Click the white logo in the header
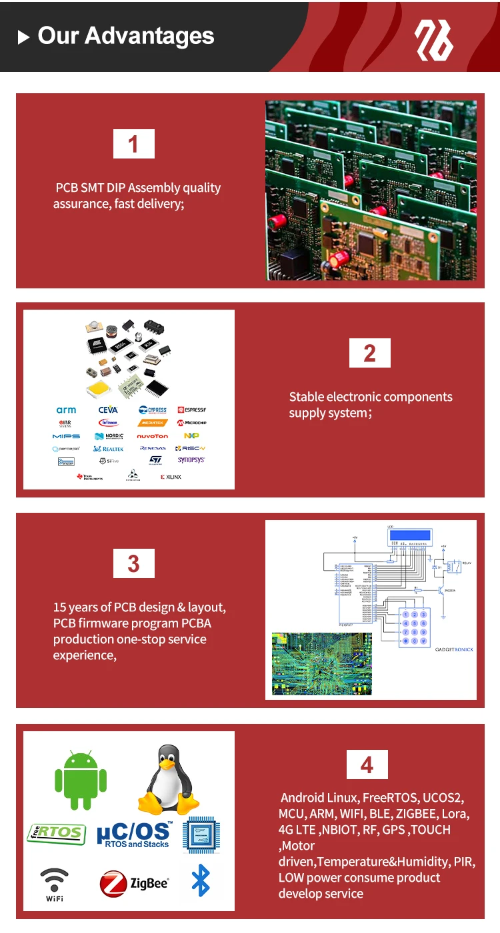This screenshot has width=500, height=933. pyautogui.click(x=434, y=39)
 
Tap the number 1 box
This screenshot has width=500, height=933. pyautogui.click(x=133, y=144)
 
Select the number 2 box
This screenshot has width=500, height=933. pyautogui.click(x=369, y=353)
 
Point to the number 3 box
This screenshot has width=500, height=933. pyautogui.click(x=133, y=563)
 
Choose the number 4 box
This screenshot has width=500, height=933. pyautogui.click(x=367, y=765)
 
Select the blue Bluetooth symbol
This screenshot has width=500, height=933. pyautogui.click(x=200, y=880)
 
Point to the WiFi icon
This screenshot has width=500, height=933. pyautogui.click(x=55, y=884)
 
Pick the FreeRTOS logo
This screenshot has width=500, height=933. pyautogui.click(x=57, y=832)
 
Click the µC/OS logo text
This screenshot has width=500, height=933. pyautogui.click(x=134, y=834)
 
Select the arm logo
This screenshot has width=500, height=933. pyautogui.click(x=66, y=410)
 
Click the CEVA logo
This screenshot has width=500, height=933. pyautogui.click(x=108, y=410)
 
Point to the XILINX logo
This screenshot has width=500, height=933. pyautogui.click(x=171, y=477)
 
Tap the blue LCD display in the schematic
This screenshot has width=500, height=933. pyautogui.click(x=410, y=535)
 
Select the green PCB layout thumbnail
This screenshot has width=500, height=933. pyautogui.click(x=321, y=664)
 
